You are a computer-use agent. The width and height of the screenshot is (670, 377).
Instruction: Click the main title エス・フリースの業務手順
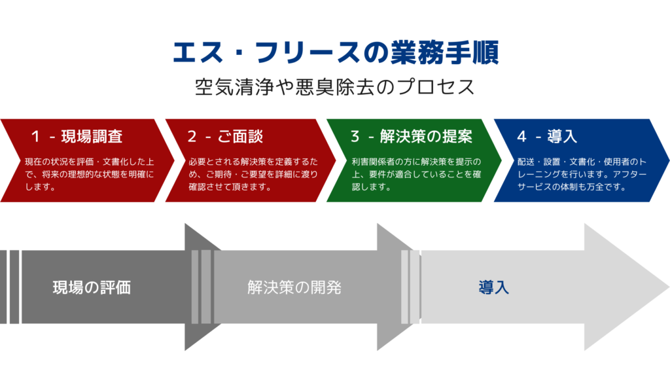pos(336,52)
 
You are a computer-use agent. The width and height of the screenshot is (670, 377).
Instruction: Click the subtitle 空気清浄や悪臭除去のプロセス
pos(335,87)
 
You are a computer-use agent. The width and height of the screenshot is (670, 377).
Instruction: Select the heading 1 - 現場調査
pos(77,136)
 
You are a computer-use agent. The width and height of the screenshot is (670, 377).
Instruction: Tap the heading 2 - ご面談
pos(225,136)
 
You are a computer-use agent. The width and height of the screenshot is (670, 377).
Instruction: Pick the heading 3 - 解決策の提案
pos(412,136)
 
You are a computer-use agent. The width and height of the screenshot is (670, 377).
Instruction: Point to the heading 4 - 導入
pos(547,136)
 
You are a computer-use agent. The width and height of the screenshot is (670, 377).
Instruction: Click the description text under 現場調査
pos(89,174)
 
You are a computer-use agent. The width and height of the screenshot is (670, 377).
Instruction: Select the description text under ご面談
pos(253,174)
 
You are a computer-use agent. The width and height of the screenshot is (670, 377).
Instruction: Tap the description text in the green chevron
pos(416,174)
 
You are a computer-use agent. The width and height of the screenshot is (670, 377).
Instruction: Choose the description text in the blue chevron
pos(582,174)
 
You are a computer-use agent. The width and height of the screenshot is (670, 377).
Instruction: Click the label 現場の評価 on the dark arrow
pos(92,288)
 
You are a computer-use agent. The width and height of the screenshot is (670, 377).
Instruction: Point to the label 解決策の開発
pos(294,288)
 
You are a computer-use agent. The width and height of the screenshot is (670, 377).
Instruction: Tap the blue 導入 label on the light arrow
pos(493,288)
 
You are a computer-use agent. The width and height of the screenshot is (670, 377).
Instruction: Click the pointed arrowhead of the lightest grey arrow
pos(667,287)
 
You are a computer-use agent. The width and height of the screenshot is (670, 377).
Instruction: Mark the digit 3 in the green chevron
pos(355,136)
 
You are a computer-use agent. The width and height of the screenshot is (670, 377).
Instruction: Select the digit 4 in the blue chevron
pos(521,136)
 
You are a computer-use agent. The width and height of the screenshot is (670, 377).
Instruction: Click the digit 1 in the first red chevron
pos(35,136)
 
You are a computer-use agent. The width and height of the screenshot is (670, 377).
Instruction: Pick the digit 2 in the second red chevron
pos(192,136)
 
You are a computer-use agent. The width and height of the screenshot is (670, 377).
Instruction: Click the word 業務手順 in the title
pos(445,52)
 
